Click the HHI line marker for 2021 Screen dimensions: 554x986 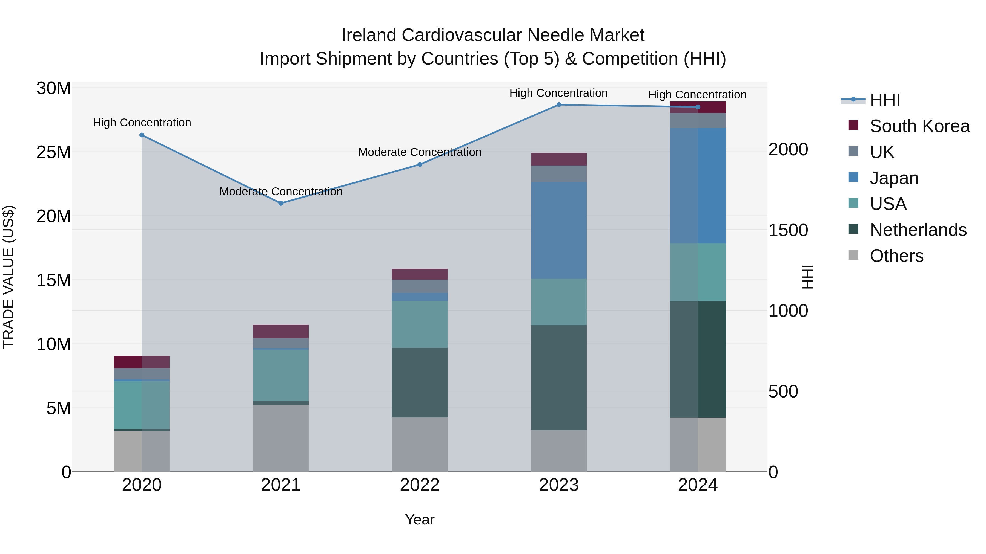click(x=280, y=203)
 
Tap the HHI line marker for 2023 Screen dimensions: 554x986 click(x=558, y=105)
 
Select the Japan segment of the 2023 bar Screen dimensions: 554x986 click(x=558, y=230)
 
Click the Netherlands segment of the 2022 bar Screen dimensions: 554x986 click(x=420, y=382)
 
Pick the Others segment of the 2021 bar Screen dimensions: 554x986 click(x=280, y=438)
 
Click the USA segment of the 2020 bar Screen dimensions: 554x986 click(x=142, y=405)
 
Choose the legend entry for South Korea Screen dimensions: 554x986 click(x=919, y=126)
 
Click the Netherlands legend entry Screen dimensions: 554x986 click(x=918, y=230)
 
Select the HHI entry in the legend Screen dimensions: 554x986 click(x=884, y=100)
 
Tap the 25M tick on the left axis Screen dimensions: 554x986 click(x=54, y=152)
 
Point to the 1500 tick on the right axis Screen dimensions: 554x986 click(x=788, y=230)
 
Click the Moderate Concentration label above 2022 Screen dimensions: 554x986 click(x=420, y=152)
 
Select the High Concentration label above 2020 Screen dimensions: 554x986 click(x=142, y=123)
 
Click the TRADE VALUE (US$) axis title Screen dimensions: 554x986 click(x=8, y=277)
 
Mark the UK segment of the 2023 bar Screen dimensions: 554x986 click(x=558, y=173)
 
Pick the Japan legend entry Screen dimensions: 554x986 click(x=893, y=178)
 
